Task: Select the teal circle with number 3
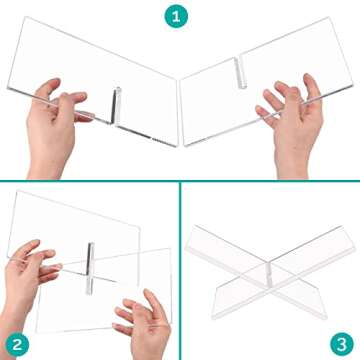click(x=339, y=339)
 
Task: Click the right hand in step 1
click(x=282, y=110)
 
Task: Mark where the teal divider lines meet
click(x=180, y=180)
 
